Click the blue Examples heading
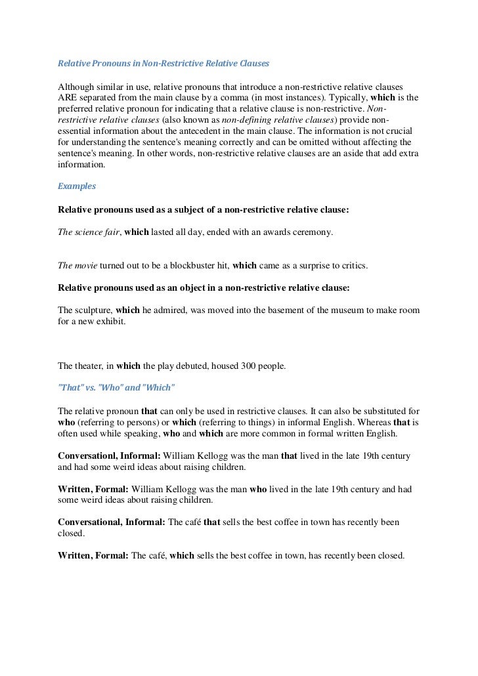[x=77, y=186]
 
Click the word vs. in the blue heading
[x=89, y=387]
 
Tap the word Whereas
[x=357, y=421]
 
